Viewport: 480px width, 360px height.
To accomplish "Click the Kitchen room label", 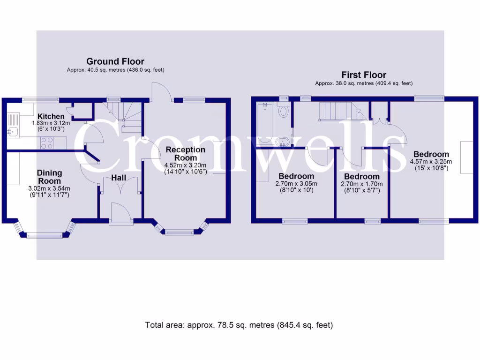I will tap(51, 116).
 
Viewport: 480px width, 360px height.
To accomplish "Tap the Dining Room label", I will tap(49, 177).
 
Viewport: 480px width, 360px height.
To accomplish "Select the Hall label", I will tap(118, 178).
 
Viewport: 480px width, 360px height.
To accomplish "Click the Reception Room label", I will tap(185, 153).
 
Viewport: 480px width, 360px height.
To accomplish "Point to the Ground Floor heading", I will tap(115, 61).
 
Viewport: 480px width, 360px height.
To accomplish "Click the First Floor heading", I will tap(364, 75).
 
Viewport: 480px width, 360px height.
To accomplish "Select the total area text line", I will tap(239, 325).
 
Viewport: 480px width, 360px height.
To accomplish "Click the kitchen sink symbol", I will tap(12, 132).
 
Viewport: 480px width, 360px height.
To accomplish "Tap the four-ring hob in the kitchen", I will tap(47, 142).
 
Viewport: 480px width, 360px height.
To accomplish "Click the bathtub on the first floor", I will tap(264, 123).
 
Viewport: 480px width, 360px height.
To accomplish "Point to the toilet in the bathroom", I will tap(283, 112).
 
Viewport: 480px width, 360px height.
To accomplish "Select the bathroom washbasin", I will tap(283, 141).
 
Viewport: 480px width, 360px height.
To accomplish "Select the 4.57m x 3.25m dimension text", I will tap(431, 162).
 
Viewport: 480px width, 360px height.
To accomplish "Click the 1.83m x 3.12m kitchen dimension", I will tap(51, 123).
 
